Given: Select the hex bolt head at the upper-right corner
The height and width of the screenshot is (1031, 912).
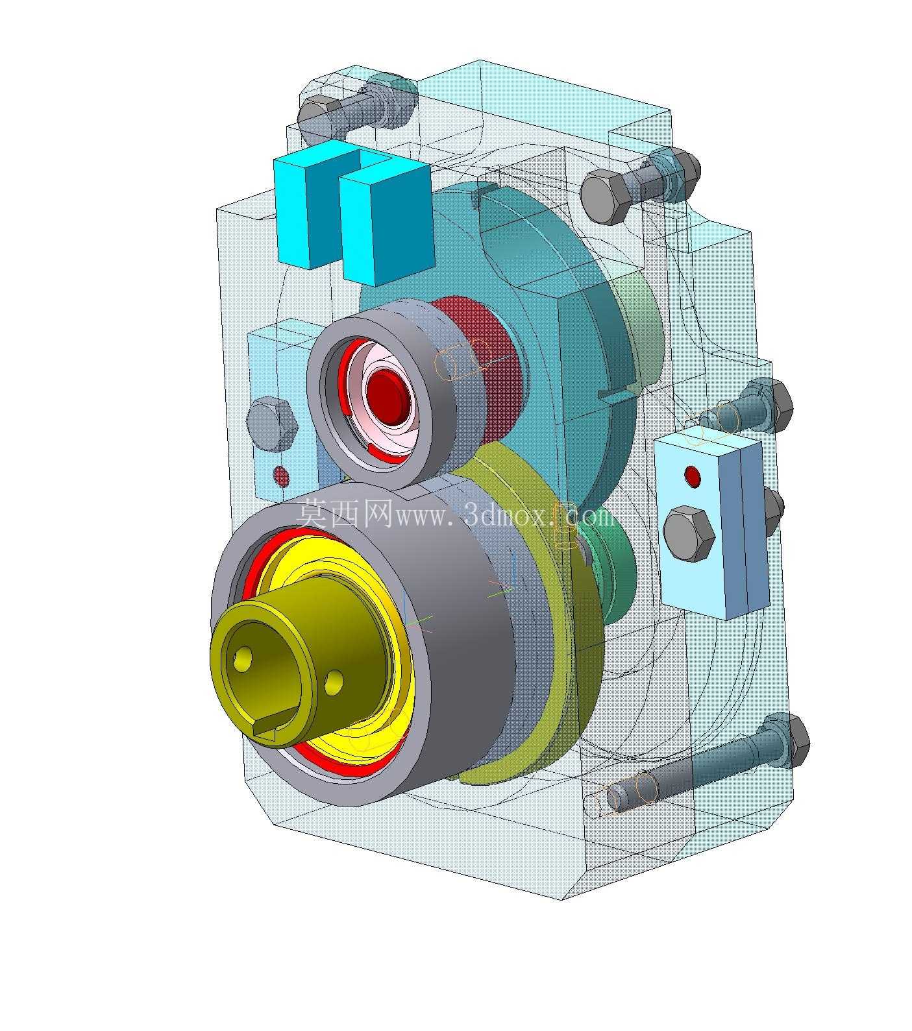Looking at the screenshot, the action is pyautogui.click(x=605, y=197).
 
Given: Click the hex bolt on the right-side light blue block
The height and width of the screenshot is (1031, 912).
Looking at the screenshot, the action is pyautogui.click(x=690, y=535).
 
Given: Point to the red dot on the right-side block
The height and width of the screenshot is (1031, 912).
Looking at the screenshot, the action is pyautogui.click(x=693, y=476).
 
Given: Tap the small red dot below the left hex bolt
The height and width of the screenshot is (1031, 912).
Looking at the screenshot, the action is pyautogui.click(x=280, y=476).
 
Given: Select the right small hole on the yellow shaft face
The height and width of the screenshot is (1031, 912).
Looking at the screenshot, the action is pyautogui.click(x=334, y=681).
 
